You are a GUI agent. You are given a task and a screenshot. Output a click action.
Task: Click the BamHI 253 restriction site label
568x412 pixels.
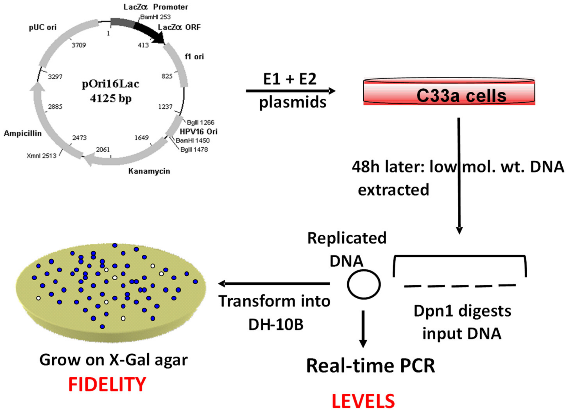click(155, 17)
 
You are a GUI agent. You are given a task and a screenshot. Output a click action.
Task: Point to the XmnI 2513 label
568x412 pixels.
click(42, 156)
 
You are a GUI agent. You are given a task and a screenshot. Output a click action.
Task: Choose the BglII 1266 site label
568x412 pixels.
click(201, 122)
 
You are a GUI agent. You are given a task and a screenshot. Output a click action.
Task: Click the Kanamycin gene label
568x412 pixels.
click(149, 171)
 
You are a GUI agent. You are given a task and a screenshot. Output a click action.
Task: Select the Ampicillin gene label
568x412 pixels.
click(23, 133)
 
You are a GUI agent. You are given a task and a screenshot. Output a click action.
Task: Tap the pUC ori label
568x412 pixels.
click(43, 27)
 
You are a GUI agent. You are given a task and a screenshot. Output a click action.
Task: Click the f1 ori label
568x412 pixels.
click(194, 57)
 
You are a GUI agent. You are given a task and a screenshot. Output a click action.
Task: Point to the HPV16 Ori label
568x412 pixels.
click(199, 131)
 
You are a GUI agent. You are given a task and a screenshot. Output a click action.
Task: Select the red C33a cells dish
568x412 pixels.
click(449, 92)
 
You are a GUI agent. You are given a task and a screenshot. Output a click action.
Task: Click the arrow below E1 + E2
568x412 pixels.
click(290, 91)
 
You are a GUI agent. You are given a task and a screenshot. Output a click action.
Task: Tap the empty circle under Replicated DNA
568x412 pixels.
click(364, 284)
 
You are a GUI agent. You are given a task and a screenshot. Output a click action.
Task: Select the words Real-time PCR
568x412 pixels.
click(370, 366)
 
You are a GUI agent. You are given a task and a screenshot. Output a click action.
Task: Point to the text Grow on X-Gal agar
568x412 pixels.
click(114, 360)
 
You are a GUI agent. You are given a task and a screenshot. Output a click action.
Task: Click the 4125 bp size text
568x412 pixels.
click(111, 98)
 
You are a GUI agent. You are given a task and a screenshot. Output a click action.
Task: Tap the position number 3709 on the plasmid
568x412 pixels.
click(79, 45)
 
